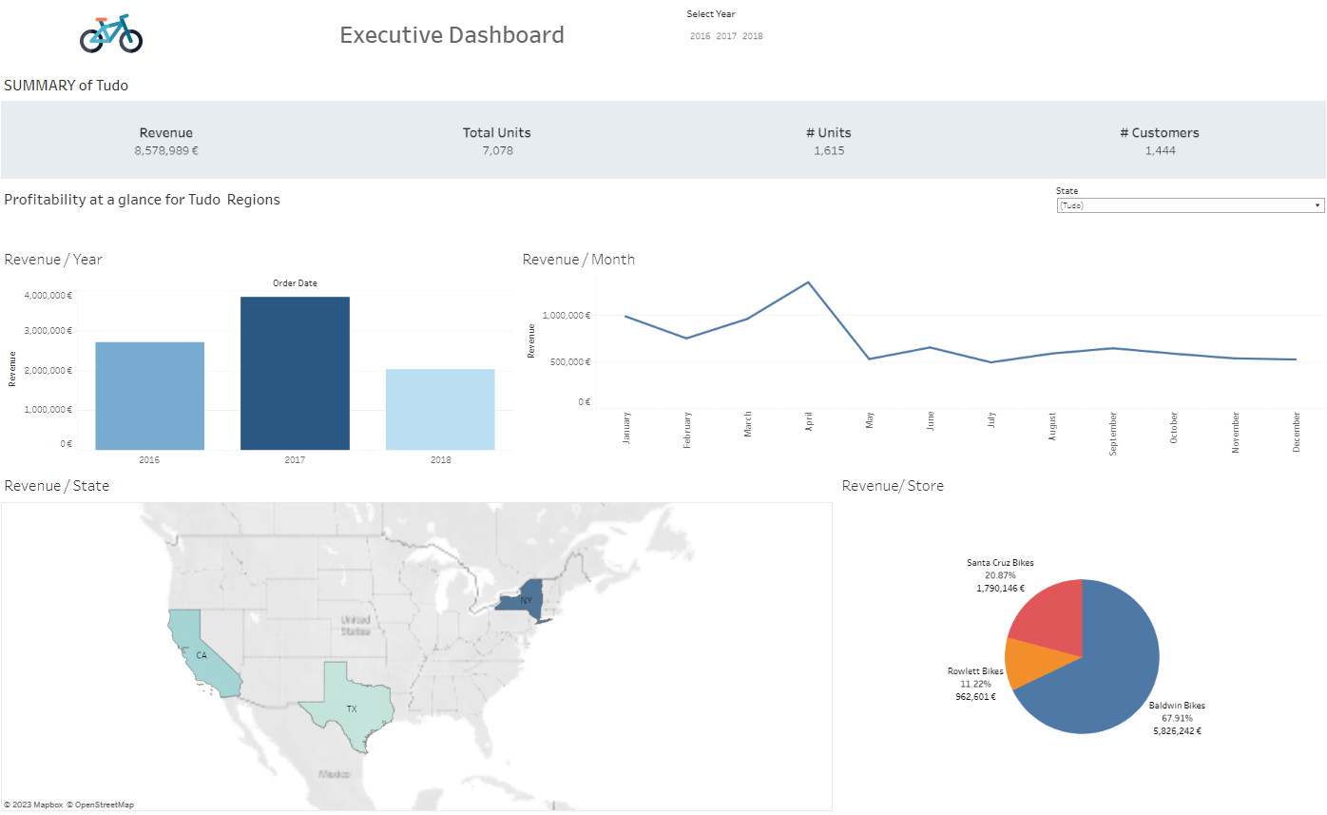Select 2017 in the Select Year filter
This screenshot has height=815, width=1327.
[x=726, y=36]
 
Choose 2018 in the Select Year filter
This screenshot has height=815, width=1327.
[x=753, y=36]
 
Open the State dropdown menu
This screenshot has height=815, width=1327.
[x=1190, y=205]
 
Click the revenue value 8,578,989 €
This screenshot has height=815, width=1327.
[x=166, y=150]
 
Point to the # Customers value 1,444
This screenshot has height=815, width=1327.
[x=1160, y=150]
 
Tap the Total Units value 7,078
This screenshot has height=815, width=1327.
[x=497, y=150]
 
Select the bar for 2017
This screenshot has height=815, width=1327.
[x=295, y=374]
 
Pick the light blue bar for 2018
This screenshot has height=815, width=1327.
[x=440, y=410]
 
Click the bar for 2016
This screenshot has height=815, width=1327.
[x=150, y=396]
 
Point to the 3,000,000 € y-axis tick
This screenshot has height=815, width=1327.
[x=48, y=331]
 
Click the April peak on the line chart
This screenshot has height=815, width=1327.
[x=808, y=282]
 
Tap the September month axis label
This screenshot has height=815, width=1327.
[x=1113, y=434]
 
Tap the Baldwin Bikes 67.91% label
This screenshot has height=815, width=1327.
[x=1176, y=718]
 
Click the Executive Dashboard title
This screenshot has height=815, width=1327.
[x=452, y=35]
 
